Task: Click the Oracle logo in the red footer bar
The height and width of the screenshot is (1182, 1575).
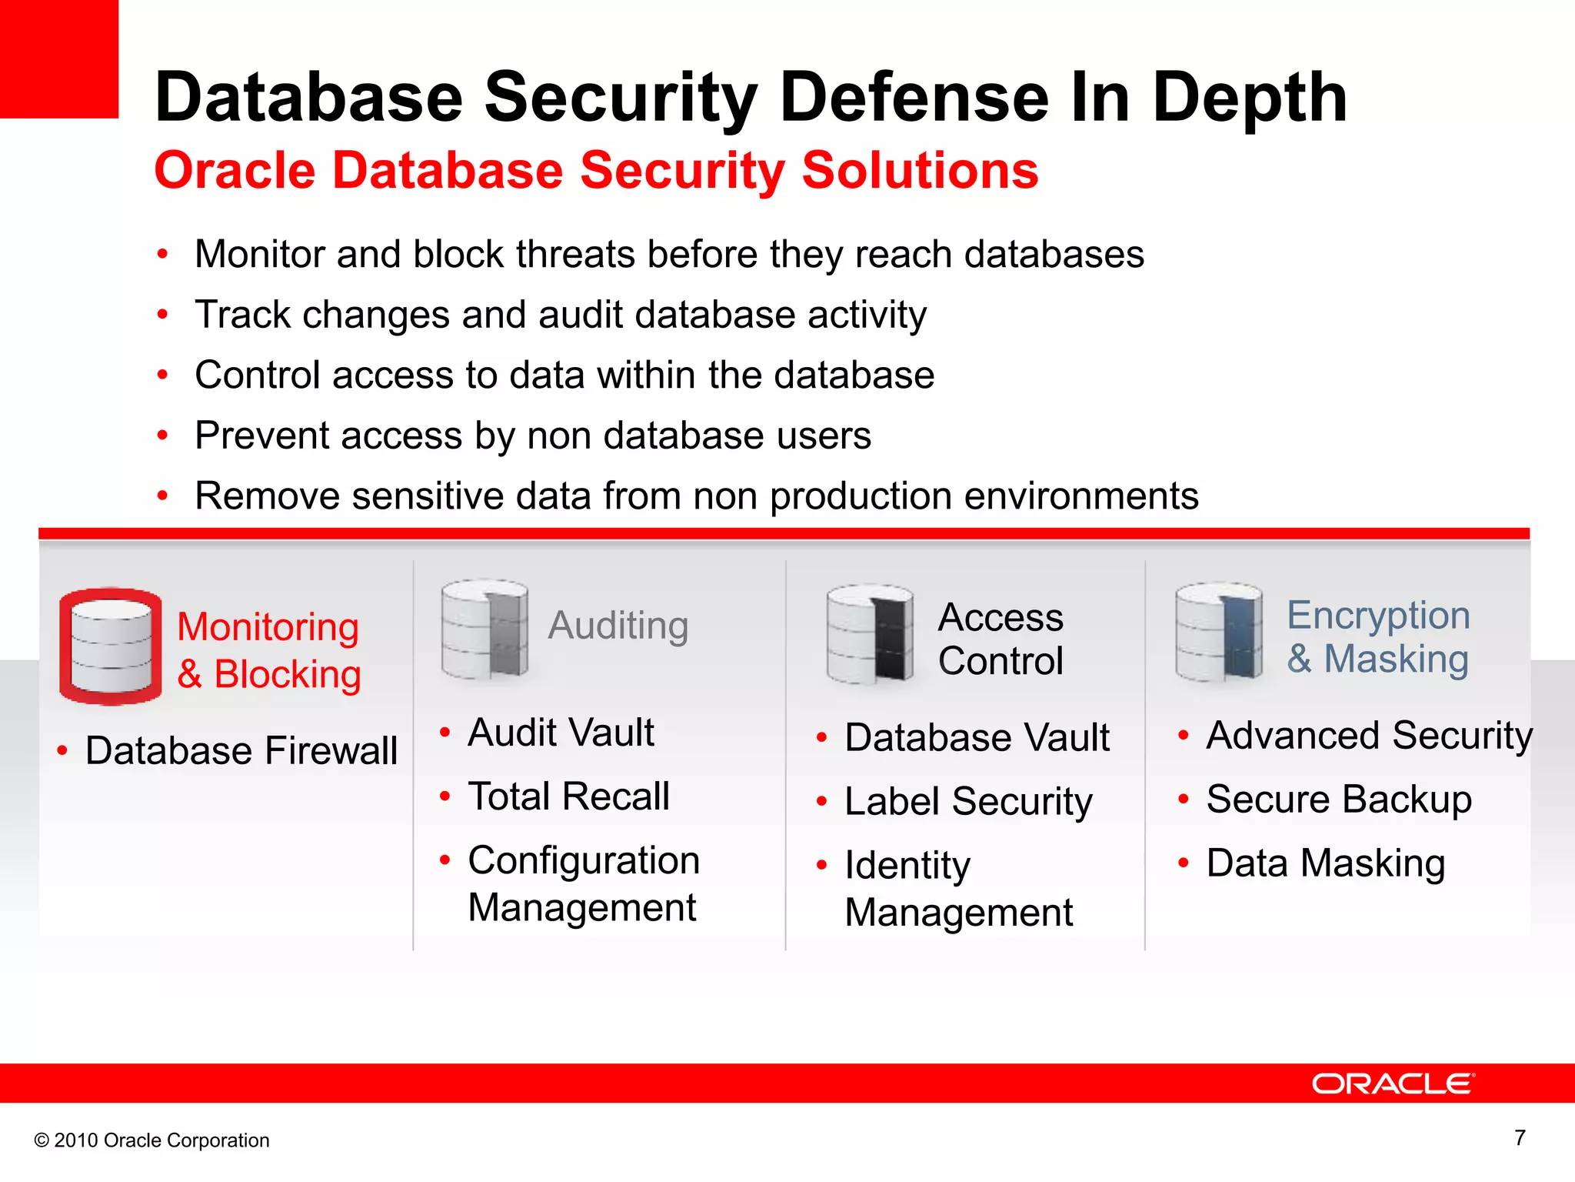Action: (x=1393, y=1083)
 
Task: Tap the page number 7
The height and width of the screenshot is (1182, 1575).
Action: (x=1520, y=1137)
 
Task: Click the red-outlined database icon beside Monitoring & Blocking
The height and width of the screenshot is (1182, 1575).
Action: (x=111, y=646)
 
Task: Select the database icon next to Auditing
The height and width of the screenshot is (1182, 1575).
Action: (x=484, y=629)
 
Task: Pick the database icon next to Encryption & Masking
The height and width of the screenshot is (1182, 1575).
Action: (x=1219, y=632)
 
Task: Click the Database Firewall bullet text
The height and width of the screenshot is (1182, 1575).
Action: (x=241, y=750)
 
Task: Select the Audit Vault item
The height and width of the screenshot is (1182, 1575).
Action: (x=561, y=732)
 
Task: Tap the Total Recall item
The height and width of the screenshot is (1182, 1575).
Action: (x=569, y=796)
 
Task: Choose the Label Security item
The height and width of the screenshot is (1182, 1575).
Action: (x=968, y=801)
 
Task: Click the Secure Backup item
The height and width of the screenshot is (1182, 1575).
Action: (x=1339, y=799)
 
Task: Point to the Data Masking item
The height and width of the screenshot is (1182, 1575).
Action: (x=1326, y=863)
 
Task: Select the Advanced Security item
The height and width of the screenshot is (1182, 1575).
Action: (x=1369, y=735)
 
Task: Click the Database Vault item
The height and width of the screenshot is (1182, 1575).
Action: (x=977, y=737)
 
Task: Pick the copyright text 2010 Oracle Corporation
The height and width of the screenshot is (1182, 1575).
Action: (x=152, y=1140)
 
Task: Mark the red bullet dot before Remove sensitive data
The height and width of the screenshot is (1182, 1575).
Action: (x=162, y=496)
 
